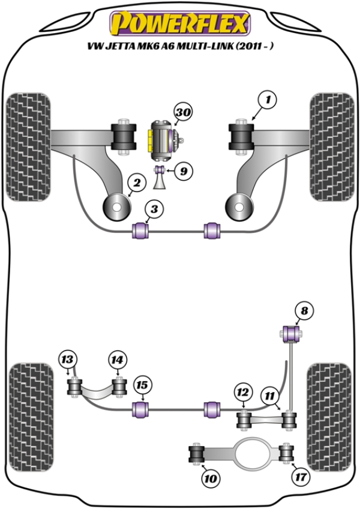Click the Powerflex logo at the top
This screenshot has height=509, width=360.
click(x=179, y=23)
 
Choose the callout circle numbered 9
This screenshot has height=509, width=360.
click(x=183, y=172)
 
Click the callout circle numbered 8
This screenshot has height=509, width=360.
click(x=304, y=310)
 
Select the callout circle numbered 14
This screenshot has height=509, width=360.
click(x=117, y=360)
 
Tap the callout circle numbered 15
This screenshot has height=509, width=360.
click(x=142, y=385)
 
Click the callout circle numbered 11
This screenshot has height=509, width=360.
click(x=270, y=396)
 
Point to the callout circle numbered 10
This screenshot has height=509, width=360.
click(x=210, y=478)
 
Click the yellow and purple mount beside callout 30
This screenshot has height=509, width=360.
click(x=161, y=139)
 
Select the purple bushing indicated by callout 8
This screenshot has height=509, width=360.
click(x=291, y=331)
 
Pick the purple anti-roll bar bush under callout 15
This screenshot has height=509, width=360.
click(x=142, y=410)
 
